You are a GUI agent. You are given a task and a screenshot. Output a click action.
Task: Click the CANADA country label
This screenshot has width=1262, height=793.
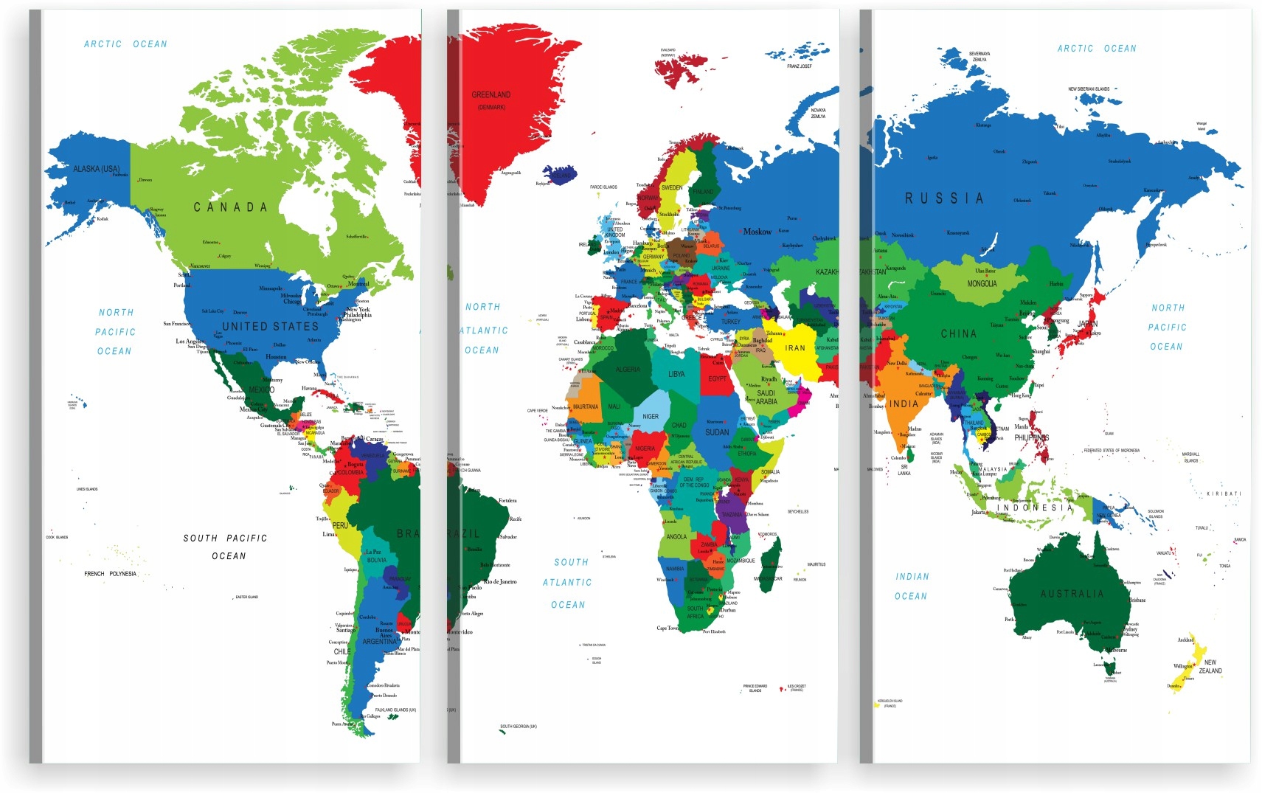tap(230, 207)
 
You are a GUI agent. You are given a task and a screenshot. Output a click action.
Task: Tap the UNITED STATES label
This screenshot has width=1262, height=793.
tap(270, 326)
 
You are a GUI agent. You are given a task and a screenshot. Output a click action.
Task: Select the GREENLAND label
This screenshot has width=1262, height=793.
tap(491, 95)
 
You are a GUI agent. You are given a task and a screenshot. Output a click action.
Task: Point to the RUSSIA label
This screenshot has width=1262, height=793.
tap(944, 198)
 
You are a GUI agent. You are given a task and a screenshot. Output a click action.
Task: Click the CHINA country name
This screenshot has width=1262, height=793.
tap(959, 334)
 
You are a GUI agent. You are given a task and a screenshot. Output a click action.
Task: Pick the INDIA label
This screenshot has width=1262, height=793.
tap(904, 404)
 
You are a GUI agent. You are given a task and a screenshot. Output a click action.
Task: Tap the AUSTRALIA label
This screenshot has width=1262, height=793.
tap(1072, 594)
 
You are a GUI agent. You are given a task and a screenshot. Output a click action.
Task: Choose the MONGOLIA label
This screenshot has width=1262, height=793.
tap(982, 284)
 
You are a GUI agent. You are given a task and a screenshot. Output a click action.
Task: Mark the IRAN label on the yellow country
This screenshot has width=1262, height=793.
tap(795, 348)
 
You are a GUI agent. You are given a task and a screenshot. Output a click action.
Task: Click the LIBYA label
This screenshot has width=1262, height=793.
tap(676, 374)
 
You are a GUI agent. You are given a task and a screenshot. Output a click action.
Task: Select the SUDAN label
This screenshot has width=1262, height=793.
tap(717, 432)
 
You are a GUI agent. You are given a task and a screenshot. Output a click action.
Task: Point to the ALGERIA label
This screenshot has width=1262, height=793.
tap(628, 370)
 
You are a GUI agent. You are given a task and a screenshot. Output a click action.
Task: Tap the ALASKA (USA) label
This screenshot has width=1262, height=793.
tap(96, 169)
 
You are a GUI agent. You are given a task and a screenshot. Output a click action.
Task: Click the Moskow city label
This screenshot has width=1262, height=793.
tap(757, 232)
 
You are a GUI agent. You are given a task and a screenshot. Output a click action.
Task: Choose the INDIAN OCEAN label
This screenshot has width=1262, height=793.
tap(912, 586)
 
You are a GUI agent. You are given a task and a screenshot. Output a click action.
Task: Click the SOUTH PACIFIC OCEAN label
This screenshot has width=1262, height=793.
tap(226, 547)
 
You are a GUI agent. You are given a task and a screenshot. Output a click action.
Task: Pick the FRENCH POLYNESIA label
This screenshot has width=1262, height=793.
tap(110, 573)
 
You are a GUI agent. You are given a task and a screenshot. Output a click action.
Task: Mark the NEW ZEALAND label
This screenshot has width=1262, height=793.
tap(1210, 666)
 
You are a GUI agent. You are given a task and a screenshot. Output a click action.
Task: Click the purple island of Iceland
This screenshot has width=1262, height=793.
tap(561, 175)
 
